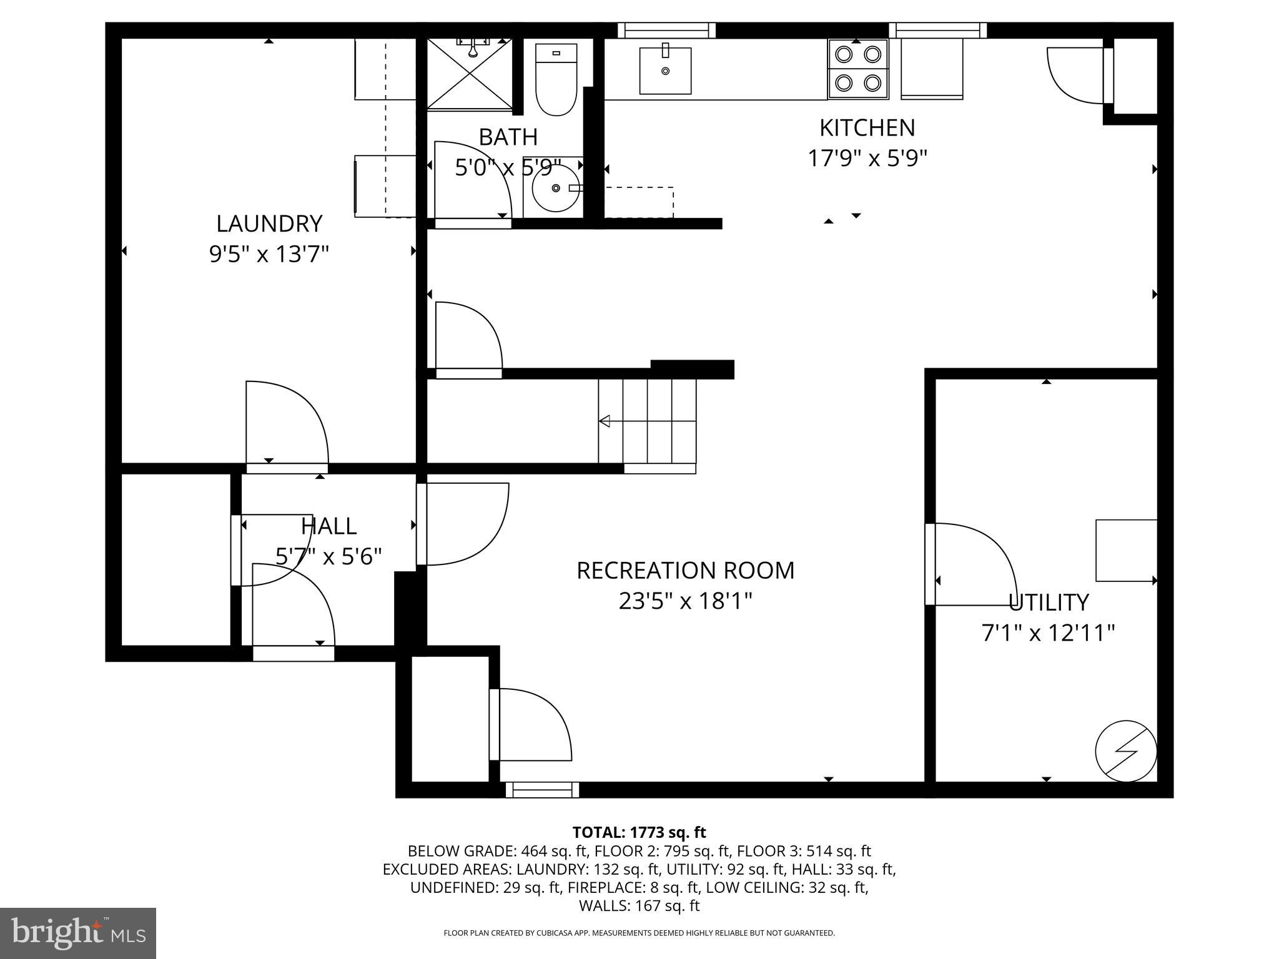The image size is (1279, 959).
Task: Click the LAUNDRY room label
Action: click(x=269, y=224)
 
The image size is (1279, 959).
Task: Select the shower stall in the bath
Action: click(x=470, y=74)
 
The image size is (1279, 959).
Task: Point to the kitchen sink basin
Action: click(x=665, y=71)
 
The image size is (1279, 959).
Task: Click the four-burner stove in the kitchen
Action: click(x=858, y=69)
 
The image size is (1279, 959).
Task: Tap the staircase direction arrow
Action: click(x=605, y=421)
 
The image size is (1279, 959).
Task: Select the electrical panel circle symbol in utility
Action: click(x=1126, y=750)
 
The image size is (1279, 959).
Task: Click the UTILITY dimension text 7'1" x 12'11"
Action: click(x=1048, y=633)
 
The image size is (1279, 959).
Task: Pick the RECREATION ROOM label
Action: click(x=685, y=571)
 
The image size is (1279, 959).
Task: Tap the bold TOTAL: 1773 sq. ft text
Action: click(x=639, y=832)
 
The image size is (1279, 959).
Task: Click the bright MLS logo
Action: click(x=78, y=933)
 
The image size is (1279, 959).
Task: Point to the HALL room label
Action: click(x=328, y=526)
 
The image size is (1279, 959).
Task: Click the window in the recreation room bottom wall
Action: click(x=542, y=790)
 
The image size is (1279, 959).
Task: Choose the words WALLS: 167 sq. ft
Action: click(x=639, y=905)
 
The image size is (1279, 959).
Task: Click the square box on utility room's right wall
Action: click(x=1126, y=551)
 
